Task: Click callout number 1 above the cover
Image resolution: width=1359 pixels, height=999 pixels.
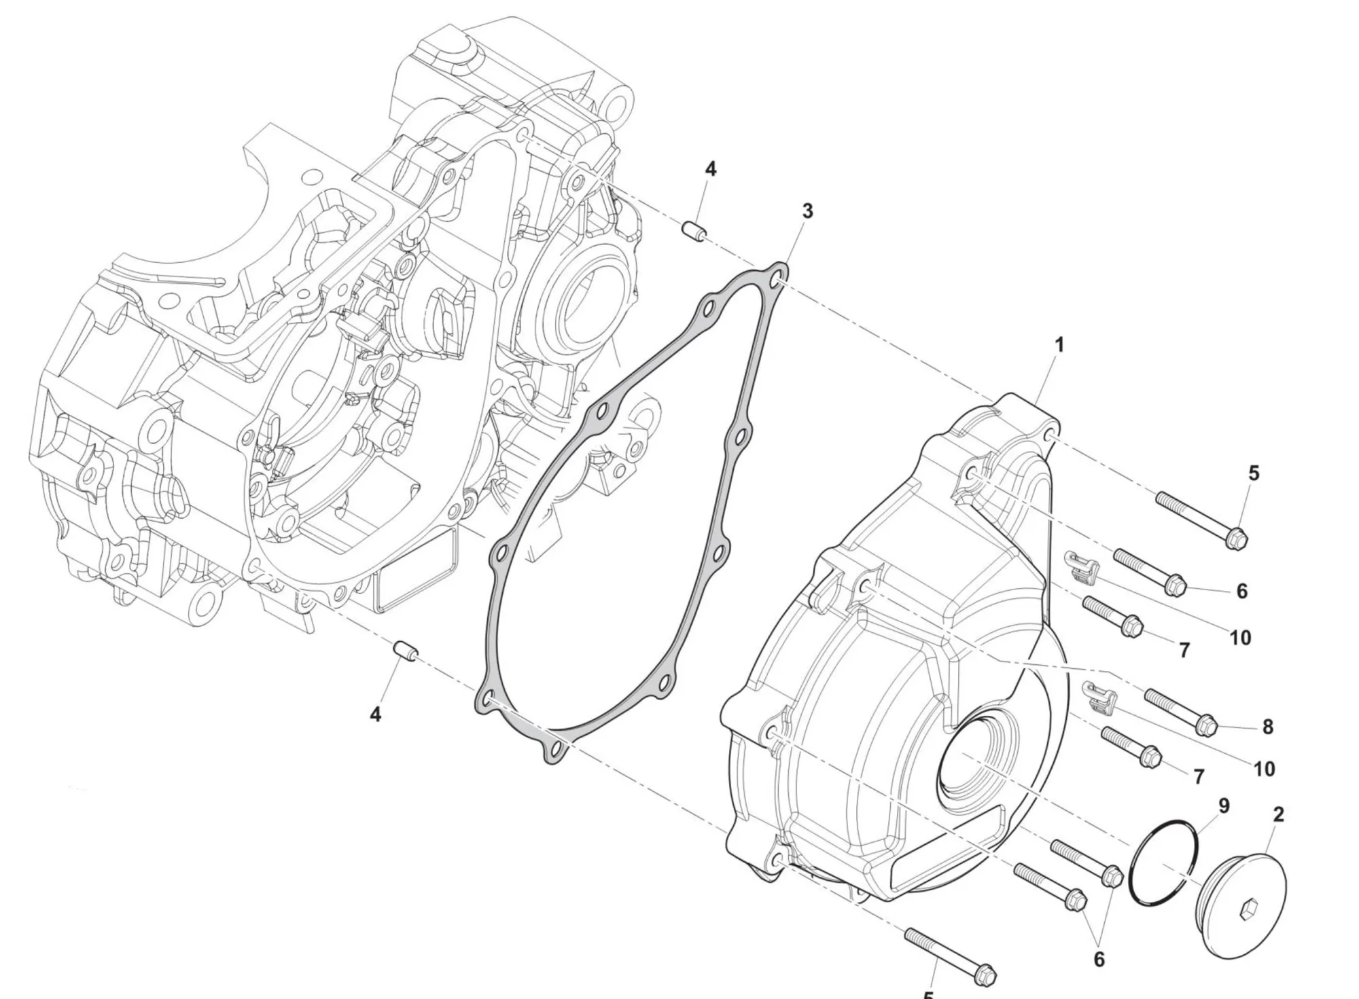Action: click(x=1059, y=345)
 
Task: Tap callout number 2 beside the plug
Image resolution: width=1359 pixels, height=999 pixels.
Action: click(x=1278, y=814)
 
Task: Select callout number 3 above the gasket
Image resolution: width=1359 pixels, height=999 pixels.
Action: click(x=807, y=211)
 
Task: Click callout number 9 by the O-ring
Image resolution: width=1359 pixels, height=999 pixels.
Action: click(x=1224, y=806)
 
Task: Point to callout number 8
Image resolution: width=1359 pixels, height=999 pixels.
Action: click(x=1267, y=727)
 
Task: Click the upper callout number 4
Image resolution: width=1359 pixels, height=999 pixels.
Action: click(x=710, y=169)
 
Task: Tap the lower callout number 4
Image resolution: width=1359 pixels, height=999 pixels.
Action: click(x=375, y=714)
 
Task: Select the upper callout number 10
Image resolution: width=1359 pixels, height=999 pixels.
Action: click(x=1240, y=638)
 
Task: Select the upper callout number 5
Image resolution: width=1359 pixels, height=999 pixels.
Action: click(x=1254, y=473)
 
